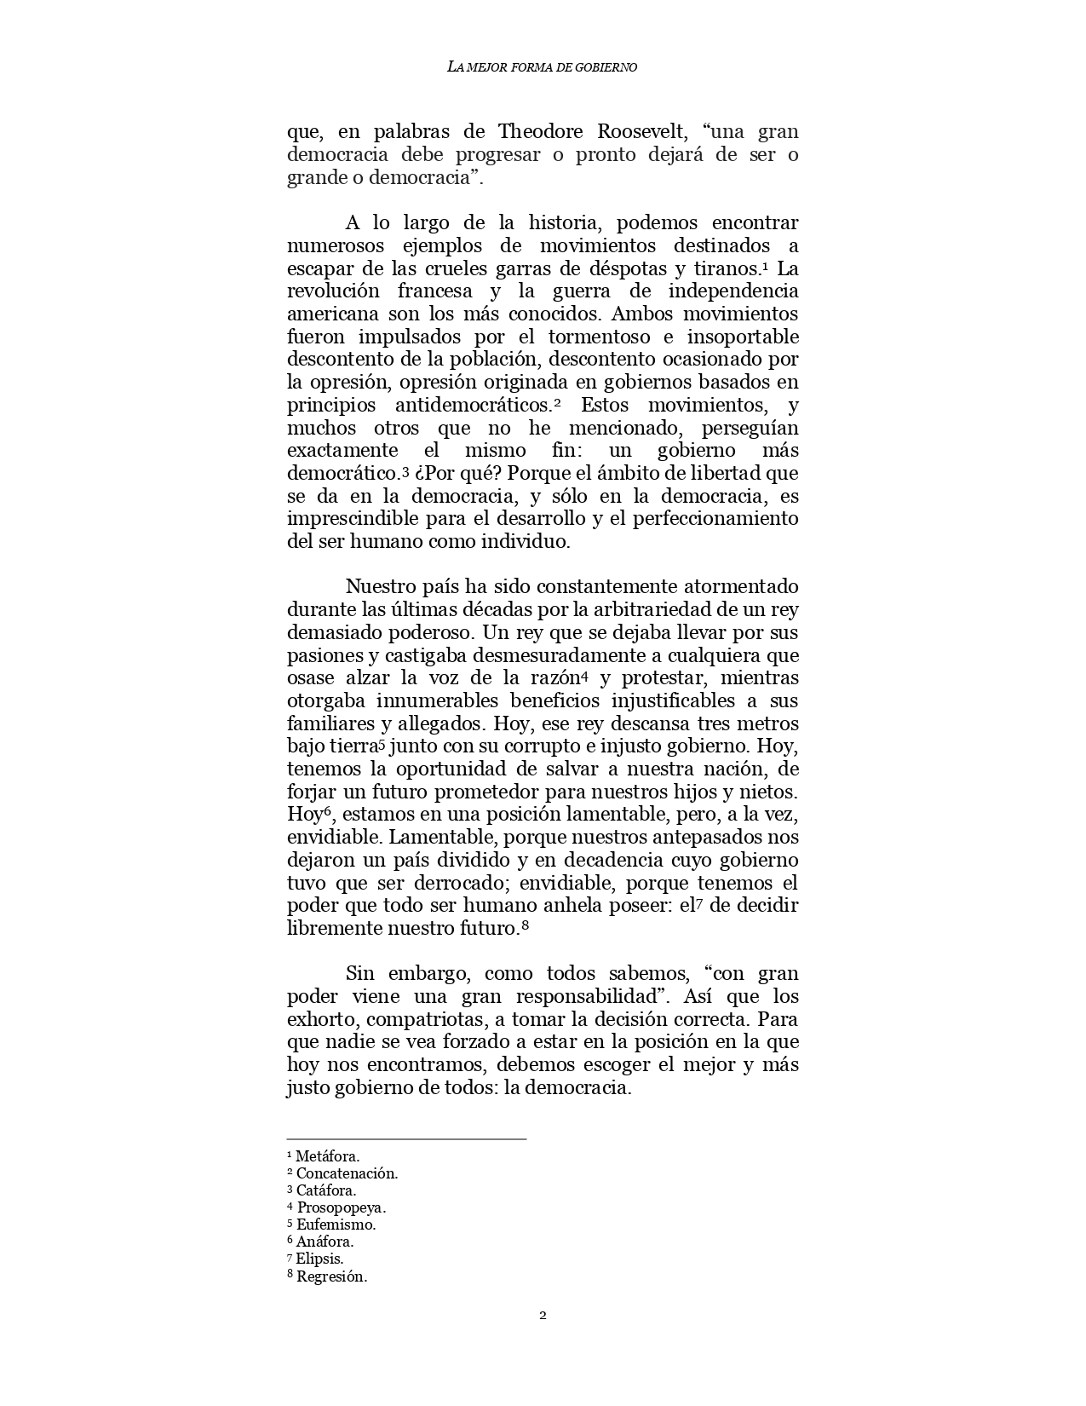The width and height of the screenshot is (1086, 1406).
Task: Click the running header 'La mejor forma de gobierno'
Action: point(542,66)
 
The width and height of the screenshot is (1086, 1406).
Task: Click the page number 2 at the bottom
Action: point(543,1315)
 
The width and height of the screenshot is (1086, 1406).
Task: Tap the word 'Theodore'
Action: point(541,132)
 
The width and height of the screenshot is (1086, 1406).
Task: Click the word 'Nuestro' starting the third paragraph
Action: point(380,587)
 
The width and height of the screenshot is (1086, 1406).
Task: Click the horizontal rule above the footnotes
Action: point(406,1138)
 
